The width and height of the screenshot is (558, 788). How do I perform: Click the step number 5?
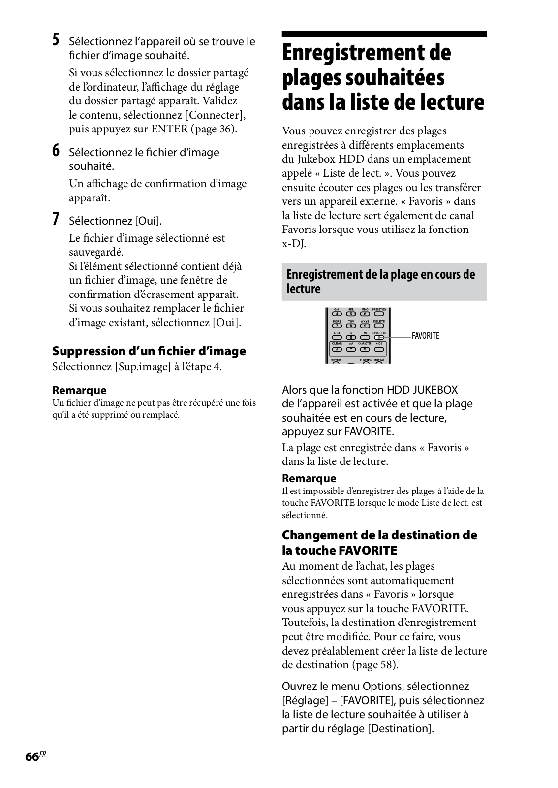[57, 39]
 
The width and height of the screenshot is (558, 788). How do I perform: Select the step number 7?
[57, 219]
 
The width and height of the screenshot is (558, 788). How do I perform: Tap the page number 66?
[32, 757]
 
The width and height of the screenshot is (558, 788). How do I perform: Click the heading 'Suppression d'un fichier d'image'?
[149, 351]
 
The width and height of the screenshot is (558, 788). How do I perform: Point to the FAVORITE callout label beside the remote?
[426, 336]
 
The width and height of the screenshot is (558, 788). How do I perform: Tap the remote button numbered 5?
[351, 313]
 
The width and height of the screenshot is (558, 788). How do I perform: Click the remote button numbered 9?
[365, 326]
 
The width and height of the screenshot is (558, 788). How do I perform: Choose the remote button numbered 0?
[351, 337]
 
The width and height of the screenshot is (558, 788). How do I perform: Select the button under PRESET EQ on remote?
[379, 313]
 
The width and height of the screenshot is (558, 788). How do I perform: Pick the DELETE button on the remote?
[379, 326]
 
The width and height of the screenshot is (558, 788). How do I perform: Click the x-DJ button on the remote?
[379, 349]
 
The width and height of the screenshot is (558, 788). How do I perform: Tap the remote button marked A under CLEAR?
[337, 349]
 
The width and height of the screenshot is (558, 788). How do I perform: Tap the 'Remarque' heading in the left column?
[79, 391]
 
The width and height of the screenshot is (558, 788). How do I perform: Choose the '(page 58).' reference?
[374, 664]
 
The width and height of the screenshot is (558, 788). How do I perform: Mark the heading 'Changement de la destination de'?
[379, 535]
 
